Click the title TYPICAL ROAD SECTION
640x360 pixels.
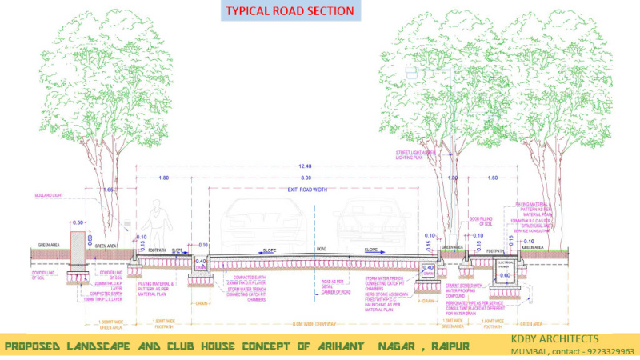click(290, 11)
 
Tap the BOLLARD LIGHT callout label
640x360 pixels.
click(48, 195)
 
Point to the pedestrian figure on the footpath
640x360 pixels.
click(160, 226)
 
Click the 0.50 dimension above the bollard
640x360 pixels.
click(78, 222)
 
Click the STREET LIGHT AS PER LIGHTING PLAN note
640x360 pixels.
click(415, 156)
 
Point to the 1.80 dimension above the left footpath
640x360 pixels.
click(164, 177)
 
